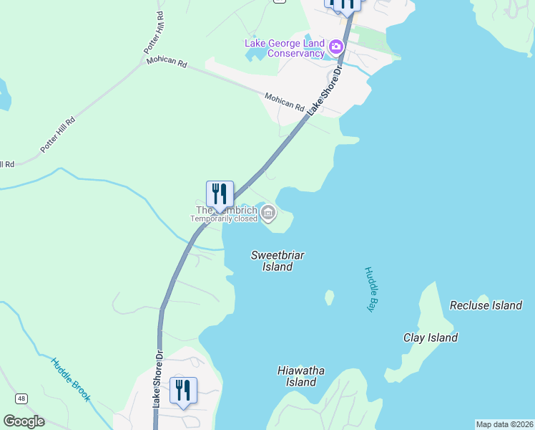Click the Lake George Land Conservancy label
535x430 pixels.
pos(285,48)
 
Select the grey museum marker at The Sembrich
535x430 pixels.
pos(268,212)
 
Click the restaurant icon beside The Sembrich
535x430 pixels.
pos(220,193)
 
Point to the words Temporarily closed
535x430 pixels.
pos(223,219)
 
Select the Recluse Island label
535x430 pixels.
pos(486,305)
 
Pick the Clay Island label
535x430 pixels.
pos(431,338)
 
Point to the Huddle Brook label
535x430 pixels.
pos(70,379)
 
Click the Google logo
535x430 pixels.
pos(24,421)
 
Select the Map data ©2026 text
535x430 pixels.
pos(504,424)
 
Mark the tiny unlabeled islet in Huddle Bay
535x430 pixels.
pos(329,297)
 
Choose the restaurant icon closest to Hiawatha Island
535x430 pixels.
pos(182,391)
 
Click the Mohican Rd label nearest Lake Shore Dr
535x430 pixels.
pos(285,101)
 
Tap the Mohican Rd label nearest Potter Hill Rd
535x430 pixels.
pos(167,62)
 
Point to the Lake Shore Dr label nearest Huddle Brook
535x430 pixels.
pos(158,387)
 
